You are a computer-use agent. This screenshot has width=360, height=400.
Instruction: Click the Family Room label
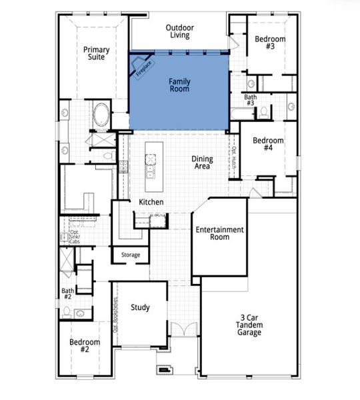click(179, 85)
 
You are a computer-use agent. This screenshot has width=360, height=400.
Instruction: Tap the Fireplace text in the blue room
click(143, 69)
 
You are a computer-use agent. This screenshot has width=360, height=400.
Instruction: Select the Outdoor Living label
click(181, 31)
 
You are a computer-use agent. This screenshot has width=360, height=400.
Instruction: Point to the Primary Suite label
click(96, 53)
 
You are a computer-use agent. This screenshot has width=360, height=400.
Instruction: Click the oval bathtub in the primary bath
click(101, 115)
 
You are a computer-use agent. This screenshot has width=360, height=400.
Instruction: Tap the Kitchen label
click(151, 202)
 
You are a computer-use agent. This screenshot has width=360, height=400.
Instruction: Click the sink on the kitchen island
click(151, 161)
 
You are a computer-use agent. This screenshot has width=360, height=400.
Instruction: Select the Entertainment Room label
click(219, 233)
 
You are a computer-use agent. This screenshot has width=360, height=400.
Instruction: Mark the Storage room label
click(130, 255)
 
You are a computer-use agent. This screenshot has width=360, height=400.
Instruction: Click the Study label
click(140, 307)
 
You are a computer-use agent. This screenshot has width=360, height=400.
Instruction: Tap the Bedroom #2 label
click(85, 345)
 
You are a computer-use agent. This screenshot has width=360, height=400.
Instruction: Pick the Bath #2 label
click(67, 294)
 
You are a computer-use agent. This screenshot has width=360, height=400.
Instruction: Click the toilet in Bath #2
click(80, 313)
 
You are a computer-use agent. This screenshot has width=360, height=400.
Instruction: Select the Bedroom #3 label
click(270, 43)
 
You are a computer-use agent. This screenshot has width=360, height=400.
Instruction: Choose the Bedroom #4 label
click(268, 145)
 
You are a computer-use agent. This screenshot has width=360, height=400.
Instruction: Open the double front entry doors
click(182, 331)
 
